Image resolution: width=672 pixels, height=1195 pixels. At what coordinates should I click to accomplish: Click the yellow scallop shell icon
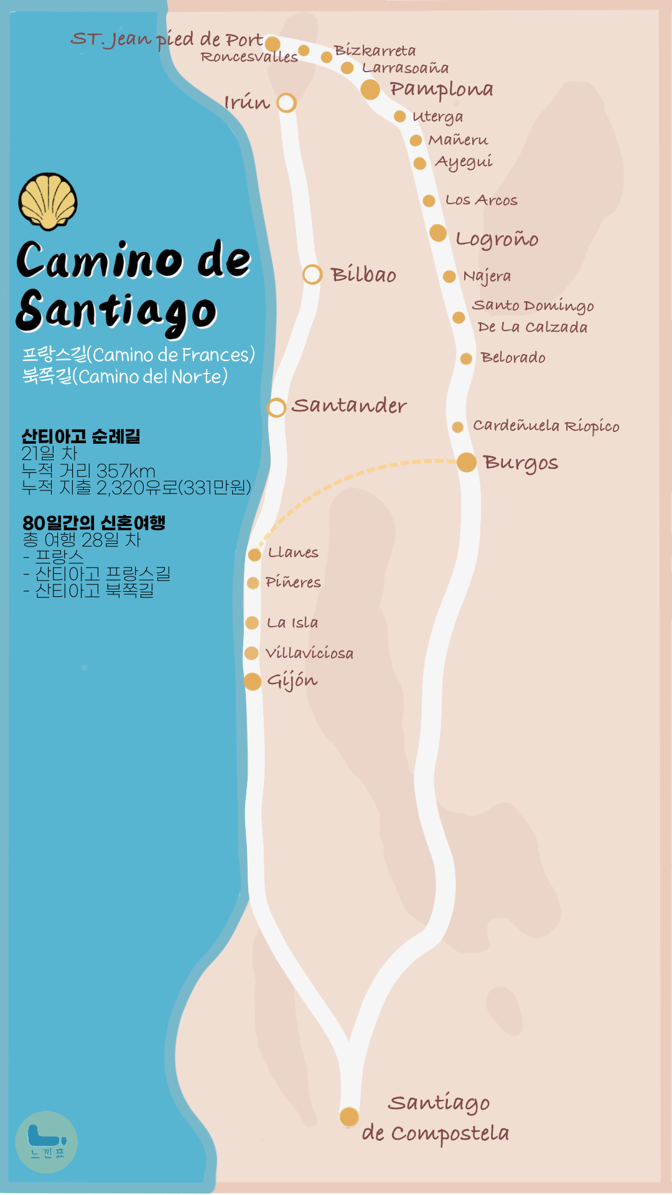pos(48,201)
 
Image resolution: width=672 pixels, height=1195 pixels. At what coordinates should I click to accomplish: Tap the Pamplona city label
pos(441,90)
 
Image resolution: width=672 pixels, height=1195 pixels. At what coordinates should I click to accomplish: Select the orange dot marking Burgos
pos(467,462)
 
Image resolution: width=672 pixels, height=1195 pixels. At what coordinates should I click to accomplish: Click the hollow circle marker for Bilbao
pos(312,274)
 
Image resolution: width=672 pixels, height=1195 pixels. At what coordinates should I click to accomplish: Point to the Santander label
pos(349,406)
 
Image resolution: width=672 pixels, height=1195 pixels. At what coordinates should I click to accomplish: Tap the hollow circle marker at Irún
pos(286,103)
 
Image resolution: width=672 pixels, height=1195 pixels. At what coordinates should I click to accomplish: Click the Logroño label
pos(497,239)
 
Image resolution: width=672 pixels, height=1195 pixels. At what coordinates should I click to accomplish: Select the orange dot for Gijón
pos(252,681)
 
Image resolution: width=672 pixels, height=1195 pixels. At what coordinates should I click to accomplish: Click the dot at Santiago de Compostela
pos(349,1117)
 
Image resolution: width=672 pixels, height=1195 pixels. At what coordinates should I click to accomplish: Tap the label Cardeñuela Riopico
pos(546,426)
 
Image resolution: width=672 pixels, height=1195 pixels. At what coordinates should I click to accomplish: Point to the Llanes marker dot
pos(254,554)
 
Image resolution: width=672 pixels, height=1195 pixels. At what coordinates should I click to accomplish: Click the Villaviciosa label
pos(309,653)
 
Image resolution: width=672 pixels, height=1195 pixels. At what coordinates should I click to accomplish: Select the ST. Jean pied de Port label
pos(167,40)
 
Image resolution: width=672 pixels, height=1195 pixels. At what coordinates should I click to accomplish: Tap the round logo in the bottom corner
pos(47,1142)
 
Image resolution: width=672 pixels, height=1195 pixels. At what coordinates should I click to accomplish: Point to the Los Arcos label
pos(481,200)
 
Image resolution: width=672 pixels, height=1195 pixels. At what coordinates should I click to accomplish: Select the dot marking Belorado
pos(466,358)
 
